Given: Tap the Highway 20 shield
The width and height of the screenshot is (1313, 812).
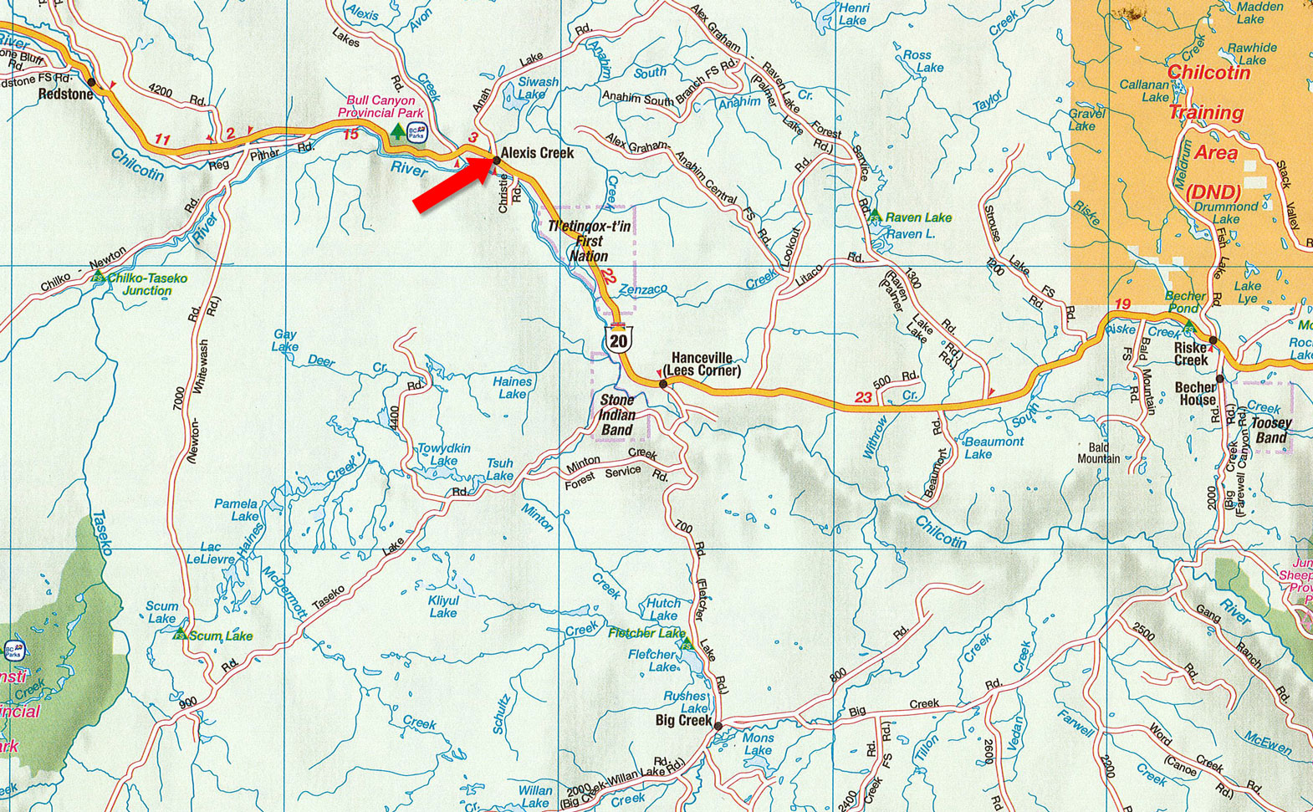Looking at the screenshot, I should (x=619, y=339).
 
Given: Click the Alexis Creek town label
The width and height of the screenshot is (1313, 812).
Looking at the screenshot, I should (x=537, y=153).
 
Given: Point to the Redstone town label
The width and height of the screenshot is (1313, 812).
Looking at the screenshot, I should (x=65, y=94).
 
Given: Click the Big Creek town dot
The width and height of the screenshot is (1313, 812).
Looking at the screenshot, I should (x=718, y=726).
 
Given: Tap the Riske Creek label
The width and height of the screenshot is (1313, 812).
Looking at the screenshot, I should (x=1191, y=354).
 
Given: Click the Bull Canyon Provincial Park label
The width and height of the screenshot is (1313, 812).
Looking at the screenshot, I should (x=381, y=106).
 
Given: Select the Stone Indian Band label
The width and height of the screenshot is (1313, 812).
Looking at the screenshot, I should (x=617, y=415).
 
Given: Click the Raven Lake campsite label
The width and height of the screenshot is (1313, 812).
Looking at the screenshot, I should (x=918, y=217).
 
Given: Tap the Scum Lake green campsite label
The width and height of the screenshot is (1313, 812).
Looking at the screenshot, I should (x=220, y=636).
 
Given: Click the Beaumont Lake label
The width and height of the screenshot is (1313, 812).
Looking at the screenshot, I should (x=993, y=447).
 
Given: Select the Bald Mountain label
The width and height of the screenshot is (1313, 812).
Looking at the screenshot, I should (x=1098, y=453).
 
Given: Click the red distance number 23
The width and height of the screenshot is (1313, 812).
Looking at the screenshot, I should (x=863, y=397).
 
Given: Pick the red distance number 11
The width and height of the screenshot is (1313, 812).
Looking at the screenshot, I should (x=162, y=140).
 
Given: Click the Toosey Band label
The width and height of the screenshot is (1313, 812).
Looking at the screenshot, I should (x=1270, y=431).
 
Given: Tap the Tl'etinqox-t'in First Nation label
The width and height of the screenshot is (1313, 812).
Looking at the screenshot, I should (x=589, y=241).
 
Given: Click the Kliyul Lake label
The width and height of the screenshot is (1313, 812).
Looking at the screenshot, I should (x=443, y=606).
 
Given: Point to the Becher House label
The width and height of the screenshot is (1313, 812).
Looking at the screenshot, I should (x=1196, y=393).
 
